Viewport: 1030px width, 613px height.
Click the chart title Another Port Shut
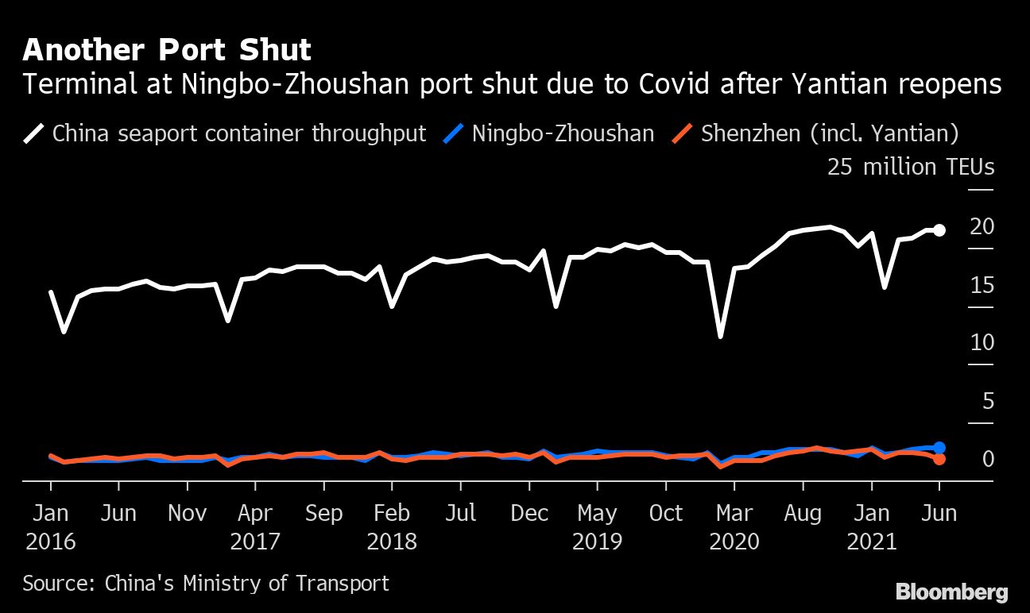click(166, 50)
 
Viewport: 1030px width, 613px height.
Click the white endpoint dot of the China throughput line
click(939, 230)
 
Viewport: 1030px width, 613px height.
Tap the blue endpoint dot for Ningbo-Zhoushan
click(939, 448)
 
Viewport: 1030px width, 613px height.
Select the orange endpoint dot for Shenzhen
click(939, 459)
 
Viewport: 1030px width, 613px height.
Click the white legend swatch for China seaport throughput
click(34, 133)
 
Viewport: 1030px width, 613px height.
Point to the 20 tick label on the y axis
click(982, 227)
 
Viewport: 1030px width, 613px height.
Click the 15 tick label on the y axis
click(982, 285)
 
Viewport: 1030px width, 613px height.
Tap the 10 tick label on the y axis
click(982, 343)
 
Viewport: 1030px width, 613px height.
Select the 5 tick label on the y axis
click(988, 401)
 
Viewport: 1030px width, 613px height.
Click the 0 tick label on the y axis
click(988, 459)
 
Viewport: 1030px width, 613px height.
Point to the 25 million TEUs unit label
click(911, 168)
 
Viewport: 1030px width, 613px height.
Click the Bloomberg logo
click(951, 592)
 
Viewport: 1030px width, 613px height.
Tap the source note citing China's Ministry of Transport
click(206, 584)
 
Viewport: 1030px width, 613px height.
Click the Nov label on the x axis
click(187, 514)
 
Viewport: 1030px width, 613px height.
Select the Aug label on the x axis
click(803, 514)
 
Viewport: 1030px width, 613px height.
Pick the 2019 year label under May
click(597, 542)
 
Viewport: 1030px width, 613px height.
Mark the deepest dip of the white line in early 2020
click(721, 337)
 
